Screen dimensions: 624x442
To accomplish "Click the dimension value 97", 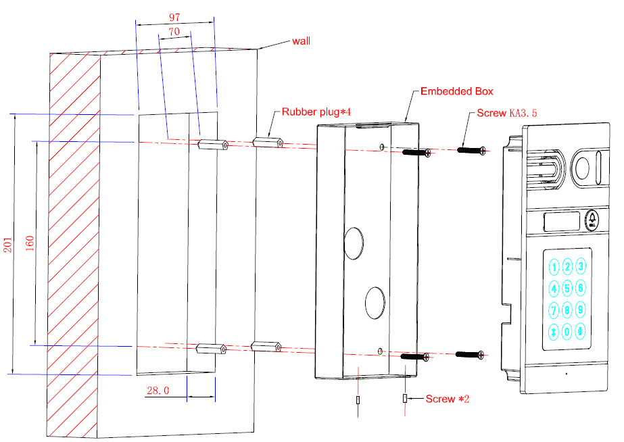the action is click(x=174, y=18).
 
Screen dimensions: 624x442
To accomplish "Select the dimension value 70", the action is click(x=174, y=32).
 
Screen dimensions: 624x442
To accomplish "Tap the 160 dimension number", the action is click(x=30, y=243).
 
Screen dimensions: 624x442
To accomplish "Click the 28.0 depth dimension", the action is click(x=158, y=391).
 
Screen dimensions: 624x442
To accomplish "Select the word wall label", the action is click(x=301, y=41).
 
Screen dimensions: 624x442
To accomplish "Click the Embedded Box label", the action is click(x=457, y=91).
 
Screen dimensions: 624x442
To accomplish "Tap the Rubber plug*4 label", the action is click(x=316, y=112).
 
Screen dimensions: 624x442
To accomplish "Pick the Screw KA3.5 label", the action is click(x=507, y=113).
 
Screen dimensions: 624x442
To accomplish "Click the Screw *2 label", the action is click(x=448, y=399).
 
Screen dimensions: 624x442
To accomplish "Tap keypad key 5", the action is click(x=567, y=288).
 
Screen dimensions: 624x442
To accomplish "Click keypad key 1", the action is click(x=554, y=267).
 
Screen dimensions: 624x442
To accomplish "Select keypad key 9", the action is click(x=581, y=309).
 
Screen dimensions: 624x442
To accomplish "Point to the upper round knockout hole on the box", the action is click(x=354, y=243).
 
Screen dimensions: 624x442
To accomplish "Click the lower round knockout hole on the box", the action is click(x=375, y=303).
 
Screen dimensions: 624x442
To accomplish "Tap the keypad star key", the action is click(x=554, y=331).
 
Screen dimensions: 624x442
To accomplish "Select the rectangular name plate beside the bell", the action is click(x=562, y=222).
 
